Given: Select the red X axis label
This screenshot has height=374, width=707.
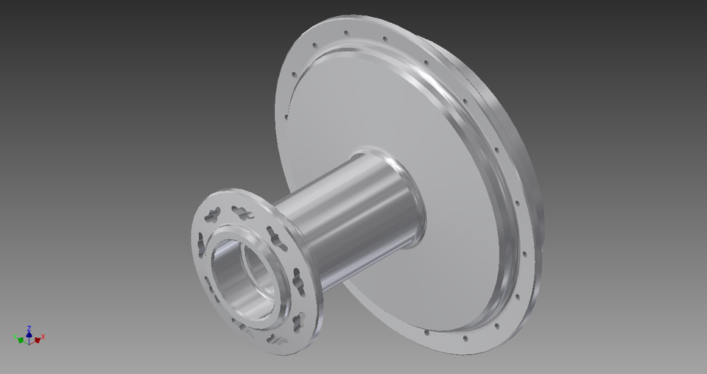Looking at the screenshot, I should coord(43,336).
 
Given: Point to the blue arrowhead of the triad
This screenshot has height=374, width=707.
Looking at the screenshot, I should coord(29,332).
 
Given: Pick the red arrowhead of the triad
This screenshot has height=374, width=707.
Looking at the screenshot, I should coord(38,339).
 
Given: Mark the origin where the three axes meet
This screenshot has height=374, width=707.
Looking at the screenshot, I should coord(29,340).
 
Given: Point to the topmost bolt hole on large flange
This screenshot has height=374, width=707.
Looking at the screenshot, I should coord(345,32).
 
